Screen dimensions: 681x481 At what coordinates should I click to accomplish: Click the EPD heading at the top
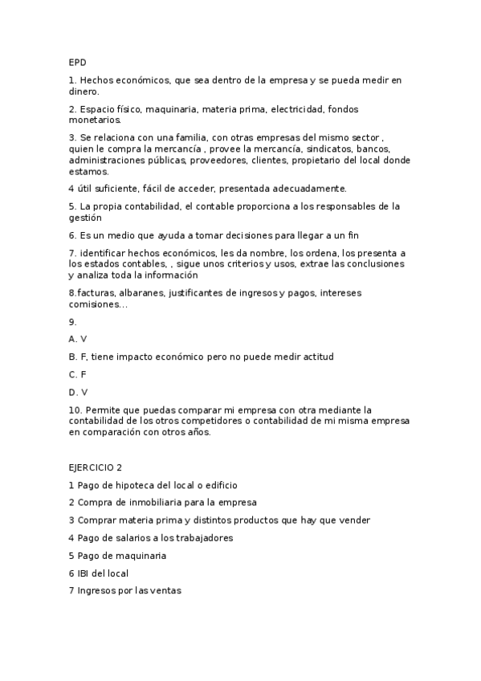pos(77,62)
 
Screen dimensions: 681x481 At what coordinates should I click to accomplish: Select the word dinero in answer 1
pos(84,92)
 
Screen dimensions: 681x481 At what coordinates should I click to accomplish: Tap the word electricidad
pos(297,108)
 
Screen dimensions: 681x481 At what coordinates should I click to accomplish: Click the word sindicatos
pos(331,149)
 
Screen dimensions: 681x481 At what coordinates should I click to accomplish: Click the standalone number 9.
pos(72,321)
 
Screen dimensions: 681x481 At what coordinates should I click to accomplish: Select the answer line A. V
pos(78,339)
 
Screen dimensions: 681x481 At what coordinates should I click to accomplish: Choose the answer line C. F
pos(78,374)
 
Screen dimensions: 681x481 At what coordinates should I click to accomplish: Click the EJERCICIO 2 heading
pos(96,467)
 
